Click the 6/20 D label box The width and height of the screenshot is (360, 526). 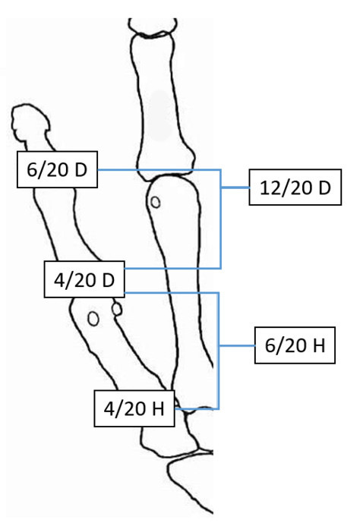(x=57, y=169)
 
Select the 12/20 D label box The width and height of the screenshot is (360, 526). (x=295, y=187)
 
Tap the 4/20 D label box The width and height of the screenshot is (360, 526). (x=84, y=279)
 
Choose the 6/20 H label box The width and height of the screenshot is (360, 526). (x=295, y=345)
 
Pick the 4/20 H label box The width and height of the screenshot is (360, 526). (x=134, y=408)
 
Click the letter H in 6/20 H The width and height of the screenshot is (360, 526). (x=319, y=345)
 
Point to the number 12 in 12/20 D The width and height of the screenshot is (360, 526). (x=270, y=188)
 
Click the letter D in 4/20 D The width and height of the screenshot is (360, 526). (x=109, y=280)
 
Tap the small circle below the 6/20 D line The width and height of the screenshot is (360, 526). (x=155, y=202)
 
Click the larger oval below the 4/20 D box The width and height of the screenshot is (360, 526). (x=93, y=319)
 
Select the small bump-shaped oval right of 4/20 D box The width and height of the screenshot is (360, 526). (x=117, y=309)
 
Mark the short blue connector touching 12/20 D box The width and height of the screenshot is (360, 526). (x=235, y=187)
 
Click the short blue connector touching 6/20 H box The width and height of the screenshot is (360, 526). (x=237, y=345)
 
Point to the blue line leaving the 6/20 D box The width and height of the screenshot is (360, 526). (x=159, y=170)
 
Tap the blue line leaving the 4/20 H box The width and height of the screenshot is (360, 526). (x=197, y=409)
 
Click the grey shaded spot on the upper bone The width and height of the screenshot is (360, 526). (x=159, y=115)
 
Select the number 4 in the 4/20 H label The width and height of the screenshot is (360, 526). (x=108, y=409)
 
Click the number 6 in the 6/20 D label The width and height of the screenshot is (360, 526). (x=31, y=170)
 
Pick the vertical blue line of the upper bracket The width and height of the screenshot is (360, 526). (x=221, y=219)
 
